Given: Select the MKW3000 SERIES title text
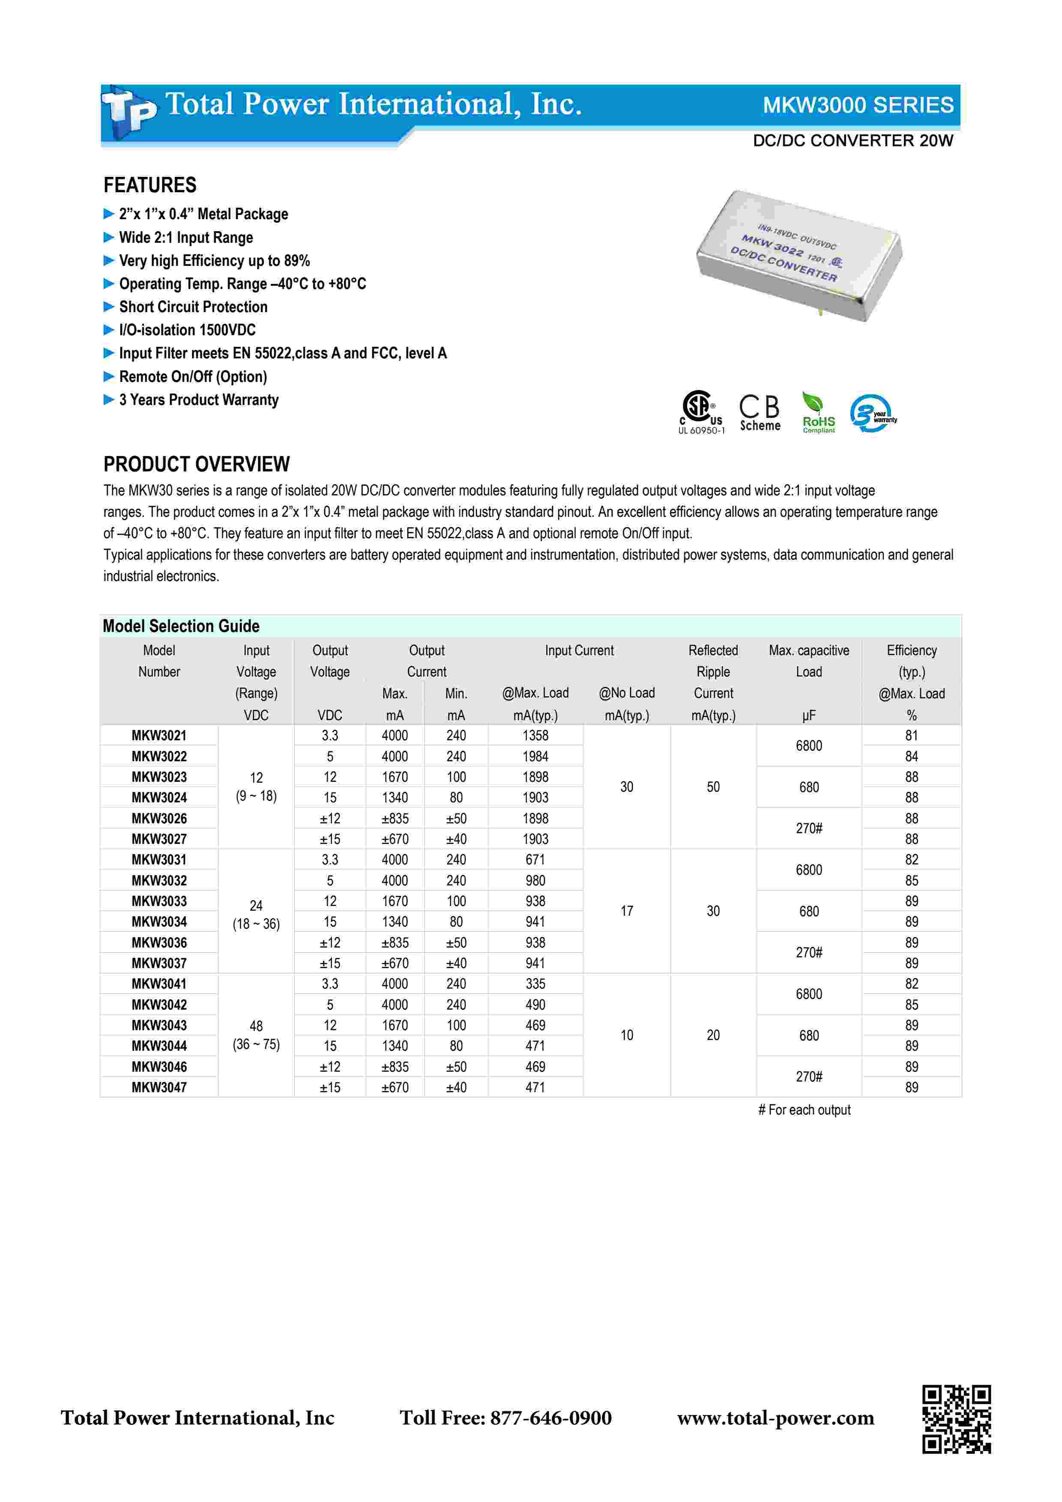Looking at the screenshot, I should [857, 105].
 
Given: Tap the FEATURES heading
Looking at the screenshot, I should [150, 185].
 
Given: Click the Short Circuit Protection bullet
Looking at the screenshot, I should [193, 307].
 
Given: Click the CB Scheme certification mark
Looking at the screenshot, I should [760, 413].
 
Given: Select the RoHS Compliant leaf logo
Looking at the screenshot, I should [818, 413].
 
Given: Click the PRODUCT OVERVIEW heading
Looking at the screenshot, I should [196, 465].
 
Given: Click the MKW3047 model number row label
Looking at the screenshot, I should [159, 1087].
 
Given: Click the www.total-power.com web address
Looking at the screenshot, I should [775, 1418].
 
